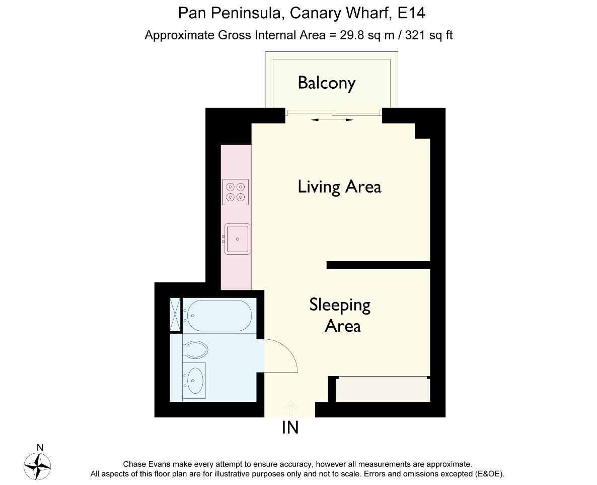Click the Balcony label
coord(326,83)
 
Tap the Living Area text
coord(339,187)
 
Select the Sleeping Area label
coord(340,315)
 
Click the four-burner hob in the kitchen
coord(236,192)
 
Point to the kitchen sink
coord(238,238)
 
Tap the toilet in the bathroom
coord(196,349)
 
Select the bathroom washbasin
coord(194,380)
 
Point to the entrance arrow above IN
coord(290,408)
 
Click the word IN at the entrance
coord(290,428)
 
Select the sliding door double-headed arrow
coord(332,120)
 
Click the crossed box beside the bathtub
coord(175,315)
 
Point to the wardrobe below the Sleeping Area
coord(383,390)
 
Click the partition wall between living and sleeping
coord(378,265)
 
